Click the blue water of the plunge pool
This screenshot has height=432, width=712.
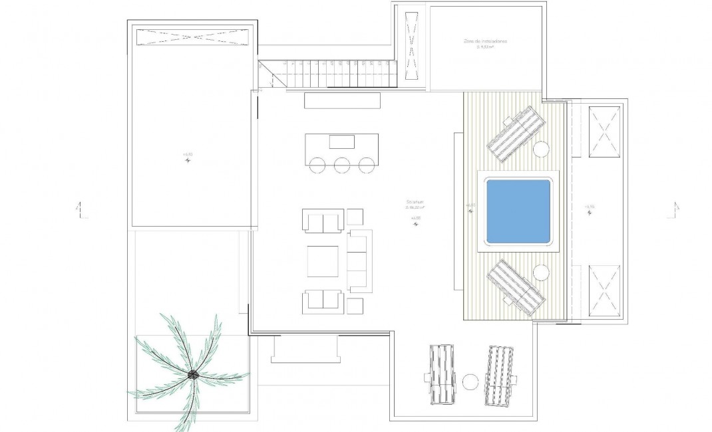point(518,211)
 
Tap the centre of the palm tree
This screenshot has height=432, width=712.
point(192,376)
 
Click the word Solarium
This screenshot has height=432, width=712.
point(416,202)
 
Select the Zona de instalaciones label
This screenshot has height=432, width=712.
point(486,41)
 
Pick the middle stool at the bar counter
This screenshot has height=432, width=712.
point(342,165)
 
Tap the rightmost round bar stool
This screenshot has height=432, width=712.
point(365,165)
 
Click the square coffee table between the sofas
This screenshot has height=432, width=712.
point(323,261)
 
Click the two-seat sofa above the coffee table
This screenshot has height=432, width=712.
point(323,221)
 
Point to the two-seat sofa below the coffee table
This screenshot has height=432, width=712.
point(323,302)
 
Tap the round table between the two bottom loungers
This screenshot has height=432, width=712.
point(470,382)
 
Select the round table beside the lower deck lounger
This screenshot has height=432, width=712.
point(541,272)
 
